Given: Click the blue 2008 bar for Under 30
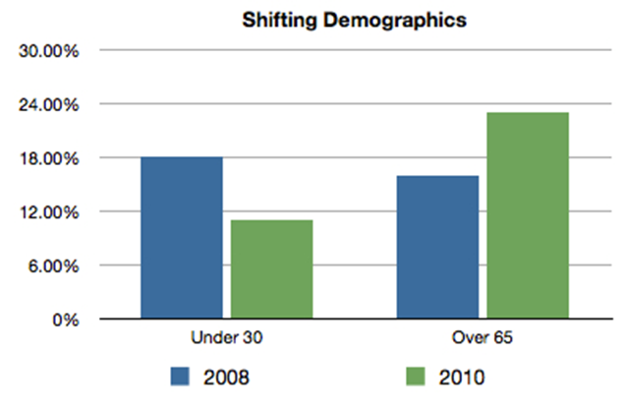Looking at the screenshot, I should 181,238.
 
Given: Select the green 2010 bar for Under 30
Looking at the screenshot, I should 271,269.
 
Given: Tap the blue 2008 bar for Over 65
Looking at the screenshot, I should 437,248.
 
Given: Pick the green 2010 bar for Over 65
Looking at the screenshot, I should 528,216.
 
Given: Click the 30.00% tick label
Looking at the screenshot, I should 50,51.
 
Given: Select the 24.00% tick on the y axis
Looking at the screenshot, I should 50,104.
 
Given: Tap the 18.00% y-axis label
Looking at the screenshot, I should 50,158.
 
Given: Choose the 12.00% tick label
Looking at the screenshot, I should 50,212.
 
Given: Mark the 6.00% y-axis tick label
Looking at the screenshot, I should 54,266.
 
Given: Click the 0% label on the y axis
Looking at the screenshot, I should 65,320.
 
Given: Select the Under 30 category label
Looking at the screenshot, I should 226,337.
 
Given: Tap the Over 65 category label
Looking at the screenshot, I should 483,337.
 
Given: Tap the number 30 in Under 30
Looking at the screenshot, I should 252,337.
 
